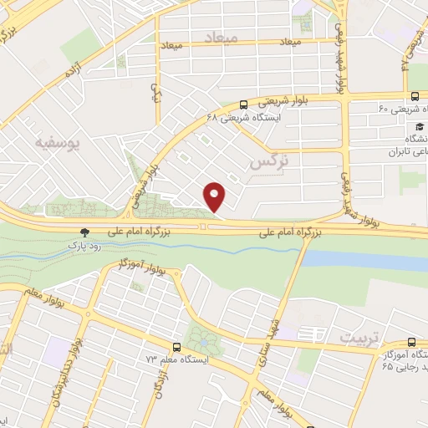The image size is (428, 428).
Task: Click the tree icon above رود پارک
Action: pos(83,232)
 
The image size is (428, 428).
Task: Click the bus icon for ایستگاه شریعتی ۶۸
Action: pos(243,105)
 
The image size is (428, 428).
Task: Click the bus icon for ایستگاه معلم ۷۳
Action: pos(176,346)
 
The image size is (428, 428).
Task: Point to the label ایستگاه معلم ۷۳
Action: pos(153,359)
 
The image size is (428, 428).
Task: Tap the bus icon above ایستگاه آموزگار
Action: pos(410,342)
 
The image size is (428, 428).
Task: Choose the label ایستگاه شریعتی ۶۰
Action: pos(398,107)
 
